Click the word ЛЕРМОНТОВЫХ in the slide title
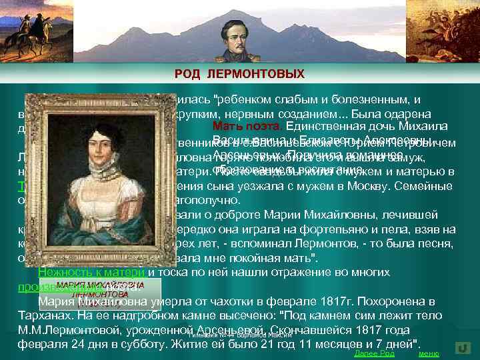click(267, 73)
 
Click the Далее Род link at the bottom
click(374, 353)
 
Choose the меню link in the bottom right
click(428, 353)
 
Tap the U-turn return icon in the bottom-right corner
click(463, 348)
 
